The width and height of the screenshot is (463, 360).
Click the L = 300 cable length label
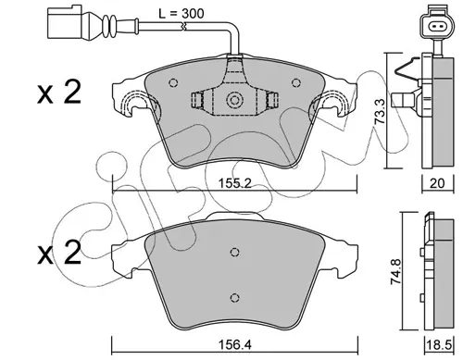click(x=181, y=14)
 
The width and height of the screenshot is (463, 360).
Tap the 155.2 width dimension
click(x=235, y=183)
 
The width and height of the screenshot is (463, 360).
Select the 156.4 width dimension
click(x=234, y=344)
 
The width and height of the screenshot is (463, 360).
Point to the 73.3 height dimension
click(x=380, y=111)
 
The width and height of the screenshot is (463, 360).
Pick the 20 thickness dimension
click(x=437, y=183)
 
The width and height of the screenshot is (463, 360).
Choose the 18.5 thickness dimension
click(x=438, y=344)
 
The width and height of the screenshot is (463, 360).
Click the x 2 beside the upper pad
click(x=59, y=93)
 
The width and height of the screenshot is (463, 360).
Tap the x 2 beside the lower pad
click(x=59, y=253)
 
